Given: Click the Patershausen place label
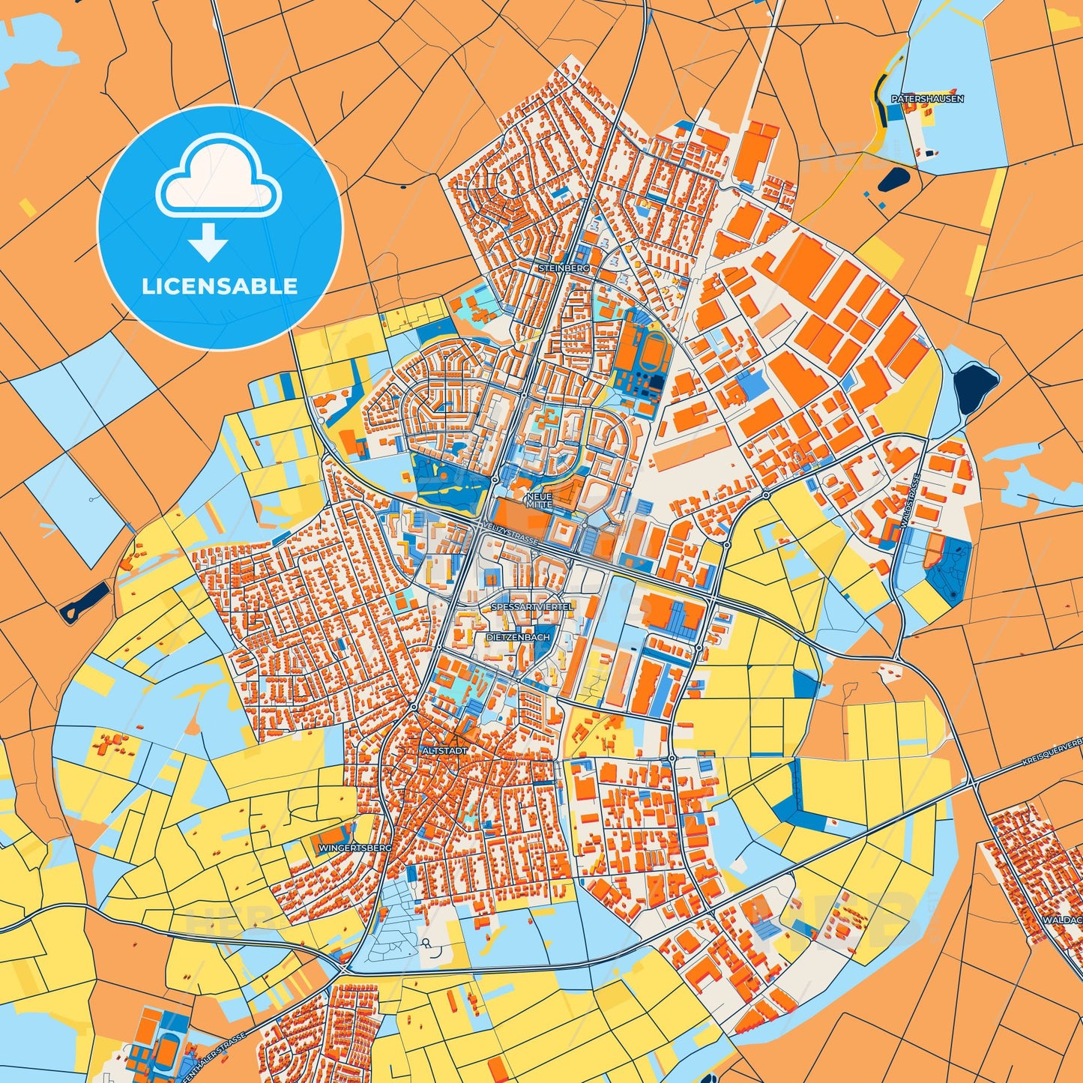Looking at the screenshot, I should click(x=927, y=99).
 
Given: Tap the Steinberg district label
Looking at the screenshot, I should click(x=564, y=268).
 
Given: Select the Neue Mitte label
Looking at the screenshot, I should click(x=539, y=501).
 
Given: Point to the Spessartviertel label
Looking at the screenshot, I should click(x=531, y=606).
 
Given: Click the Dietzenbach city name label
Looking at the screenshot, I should click(x=518, y=637).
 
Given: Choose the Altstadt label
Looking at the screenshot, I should click(x=445, y=750).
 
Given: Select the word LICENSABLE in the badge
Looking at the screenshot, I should click(x=220, y=286).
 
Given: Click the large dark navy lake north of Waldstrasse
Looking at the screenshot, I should click(x=976, y=387).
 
